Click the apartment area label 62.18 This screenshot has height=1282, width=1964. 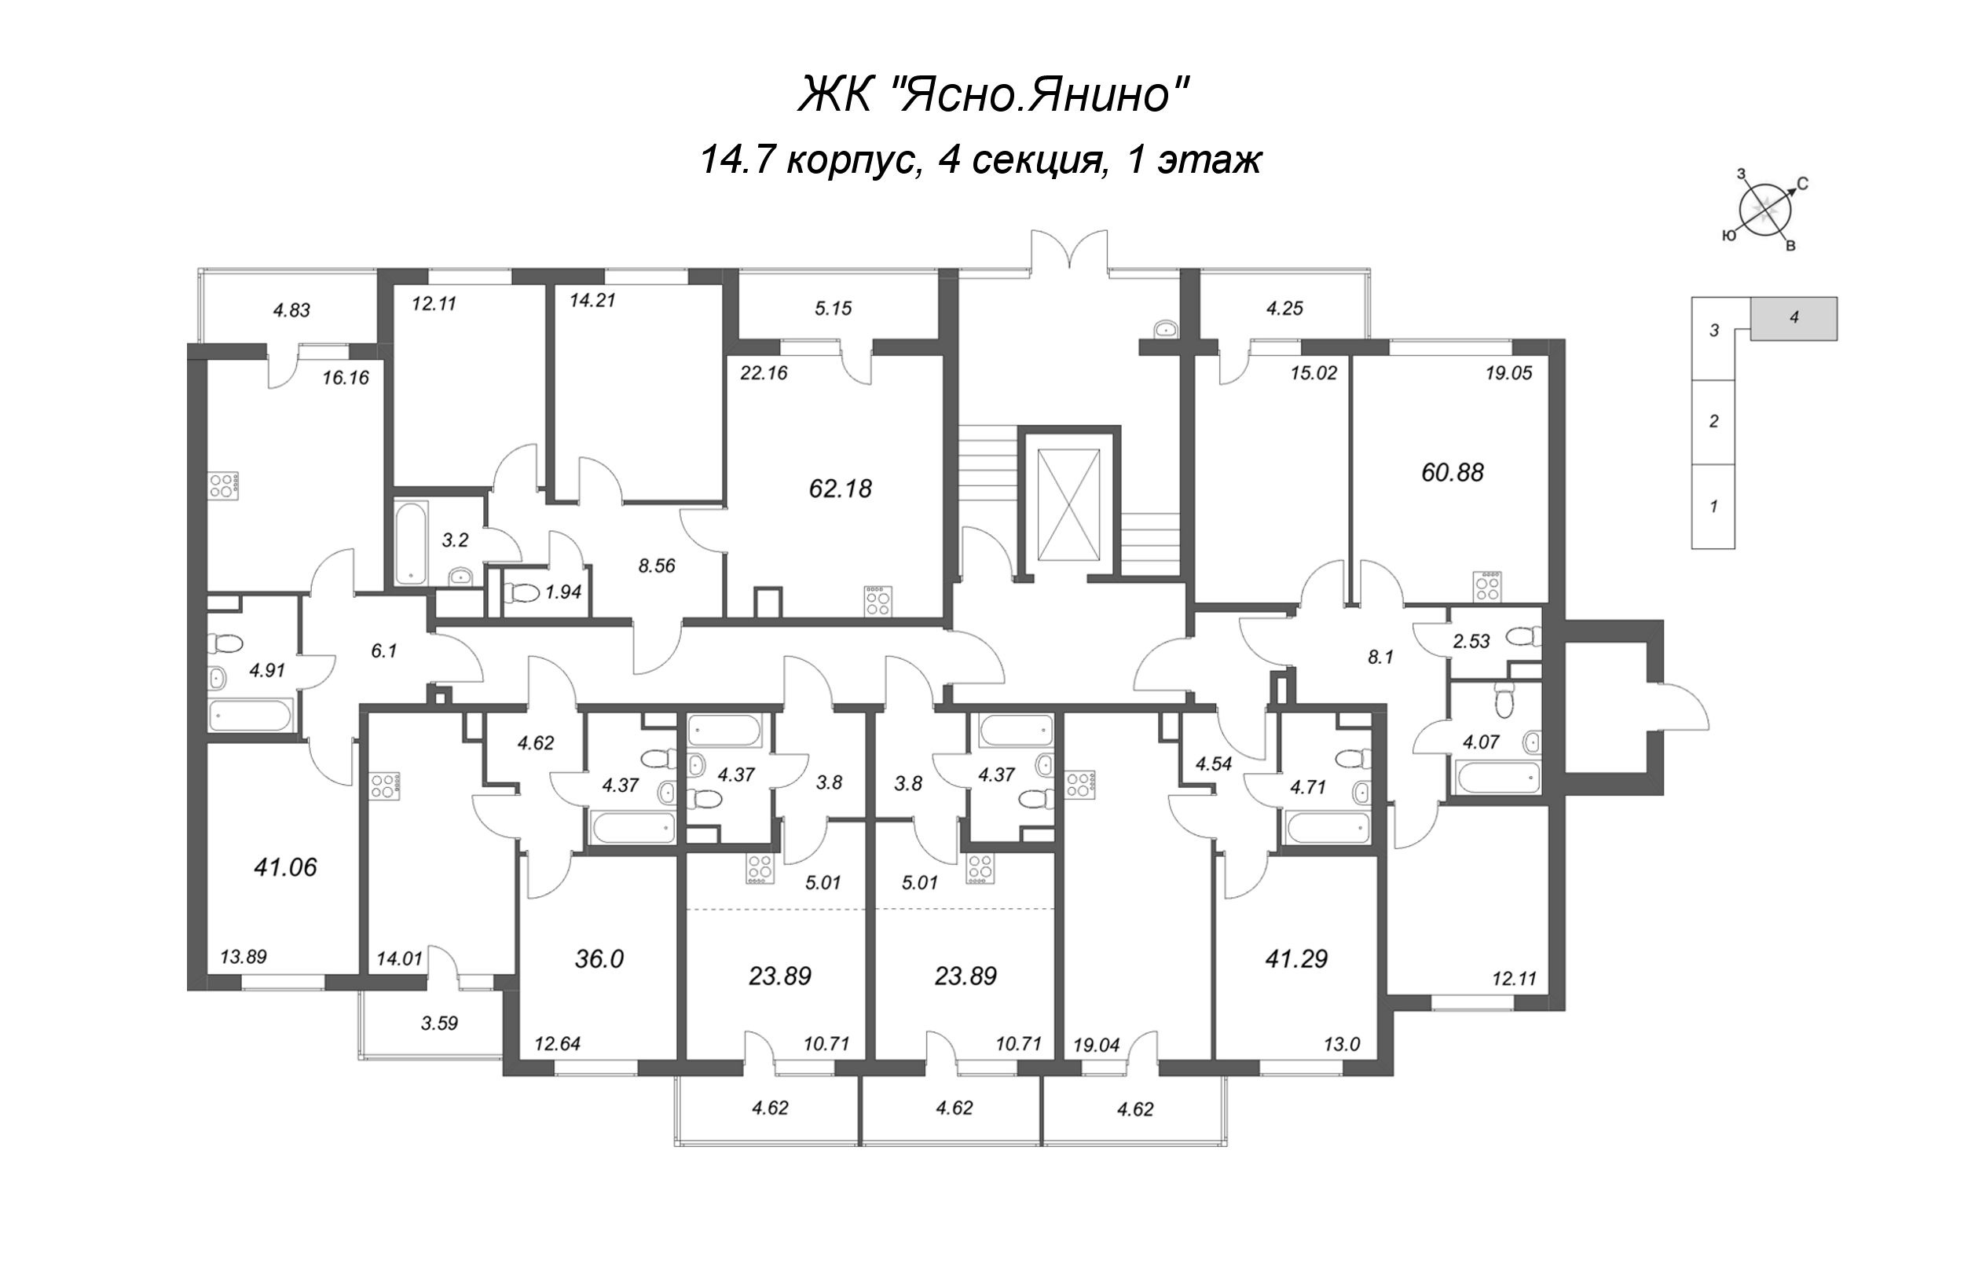coord(840,489)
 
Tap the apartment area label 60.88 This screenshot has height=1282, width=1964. coord(1453,472)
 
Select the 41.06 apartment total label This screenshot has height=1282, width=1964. coord(285,867)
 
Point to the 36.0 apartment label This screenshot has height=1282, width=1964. coord(599,958)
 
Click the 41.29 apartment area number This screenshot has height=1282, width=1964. coord(1296,958)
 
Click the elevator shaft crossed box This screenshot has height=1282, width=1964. coord(1069,504)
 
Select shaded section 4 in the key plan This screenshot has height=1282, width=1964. coord(1794,317)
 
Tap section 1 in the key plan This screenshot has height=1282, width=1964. coord(1713,506)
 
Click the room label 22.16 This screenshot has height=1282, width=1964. coord(764,373)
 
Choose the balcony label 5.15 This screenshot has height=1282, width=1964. coord(833,309)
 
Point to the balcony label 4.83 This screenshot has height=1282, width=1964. coord(291,310)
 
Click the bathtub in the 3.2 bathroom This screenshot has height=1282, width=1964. coord(410,543)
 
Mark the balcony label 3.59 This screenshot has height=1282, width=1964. coord(439,1023)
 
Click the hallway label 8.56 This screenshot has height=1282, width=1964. coord(657,566)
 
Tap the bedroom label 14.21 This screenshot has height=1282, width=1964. coord(592,300)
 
